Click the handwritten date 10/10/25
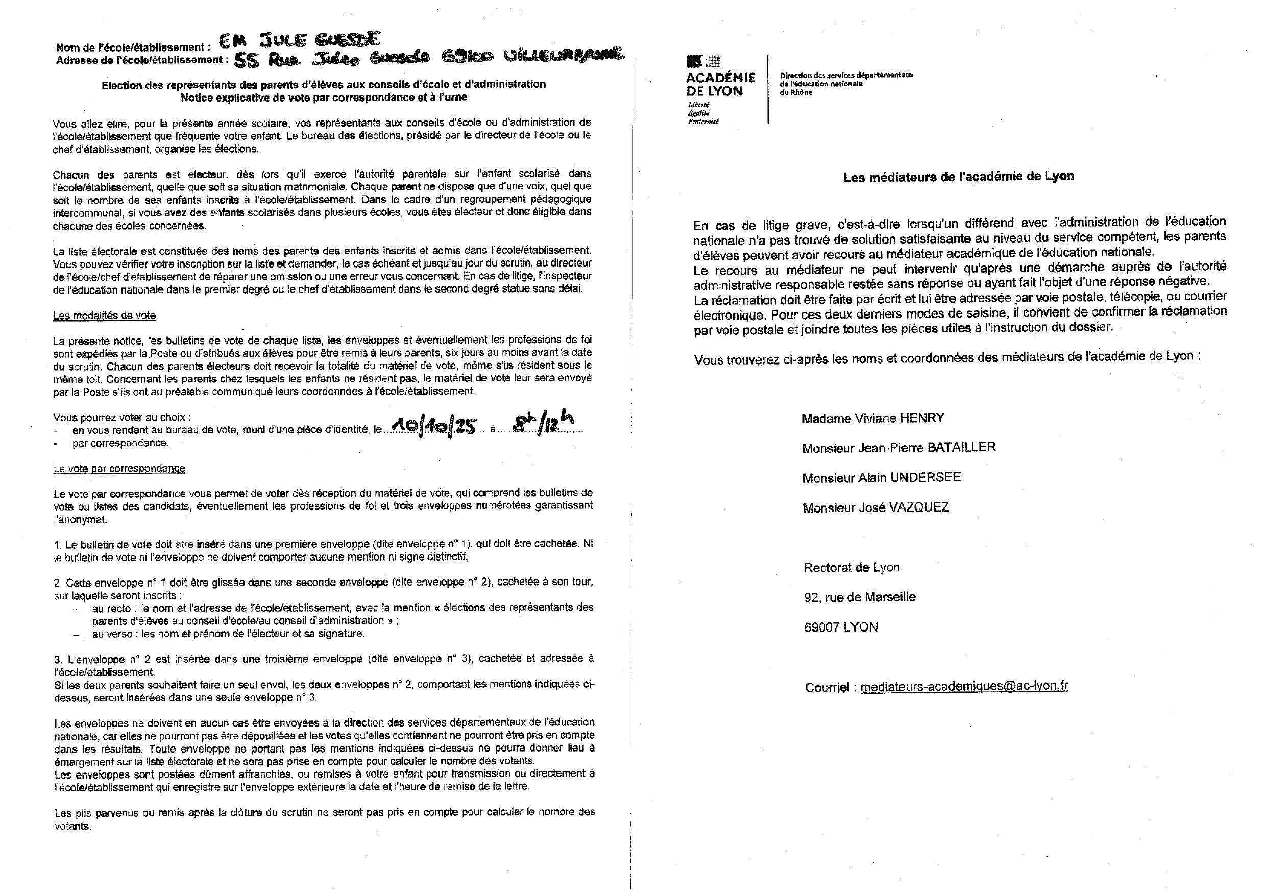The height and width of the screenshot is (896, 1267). click(433, 426)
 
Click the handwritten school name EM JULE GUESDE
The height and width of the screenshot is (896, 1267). click(300, 40)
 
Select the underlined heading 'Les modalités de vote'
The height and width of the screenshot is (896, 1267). click(104, 316)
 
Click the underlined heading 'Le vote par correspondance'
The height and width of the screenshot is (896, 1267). click(119, 469)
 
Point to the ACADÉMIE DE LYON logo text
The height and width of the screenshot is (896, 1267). click(720, 84)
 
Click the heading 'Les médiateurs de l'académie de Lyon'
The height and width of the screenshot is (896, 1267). click(959, 177)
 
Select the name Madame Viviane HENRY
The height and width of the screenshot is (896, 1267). click(873, 418)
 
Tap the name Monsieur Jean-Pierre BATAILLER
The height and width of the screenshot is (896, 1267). click(899, 448)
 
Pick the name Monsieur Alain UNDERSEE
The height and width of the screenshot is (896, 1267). click(881, 477)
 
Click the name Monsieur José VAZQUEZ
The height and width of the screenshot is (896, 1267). click(876, 507)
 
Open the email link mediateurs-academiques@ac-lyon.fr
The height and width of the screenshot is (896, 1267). click(963, 686)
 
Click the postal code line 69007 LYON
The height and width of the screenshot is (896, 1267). click(840, 627)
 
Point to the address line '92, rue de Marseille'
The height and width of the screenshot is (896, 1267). click(859, 597)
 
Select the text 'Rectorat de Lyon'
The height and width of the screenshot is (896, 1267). click(851, 568)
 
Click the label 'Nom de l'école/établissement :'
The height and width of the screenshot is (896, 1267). click(133, 47)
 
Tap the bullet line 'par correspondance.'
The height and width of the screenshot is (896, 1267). click(120, 443)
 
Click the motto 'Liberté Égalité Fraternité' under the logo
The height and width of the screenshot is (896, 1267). click(702, 113)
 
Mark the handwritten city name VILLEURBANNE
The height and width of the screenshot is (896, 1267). click(563, 55)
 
